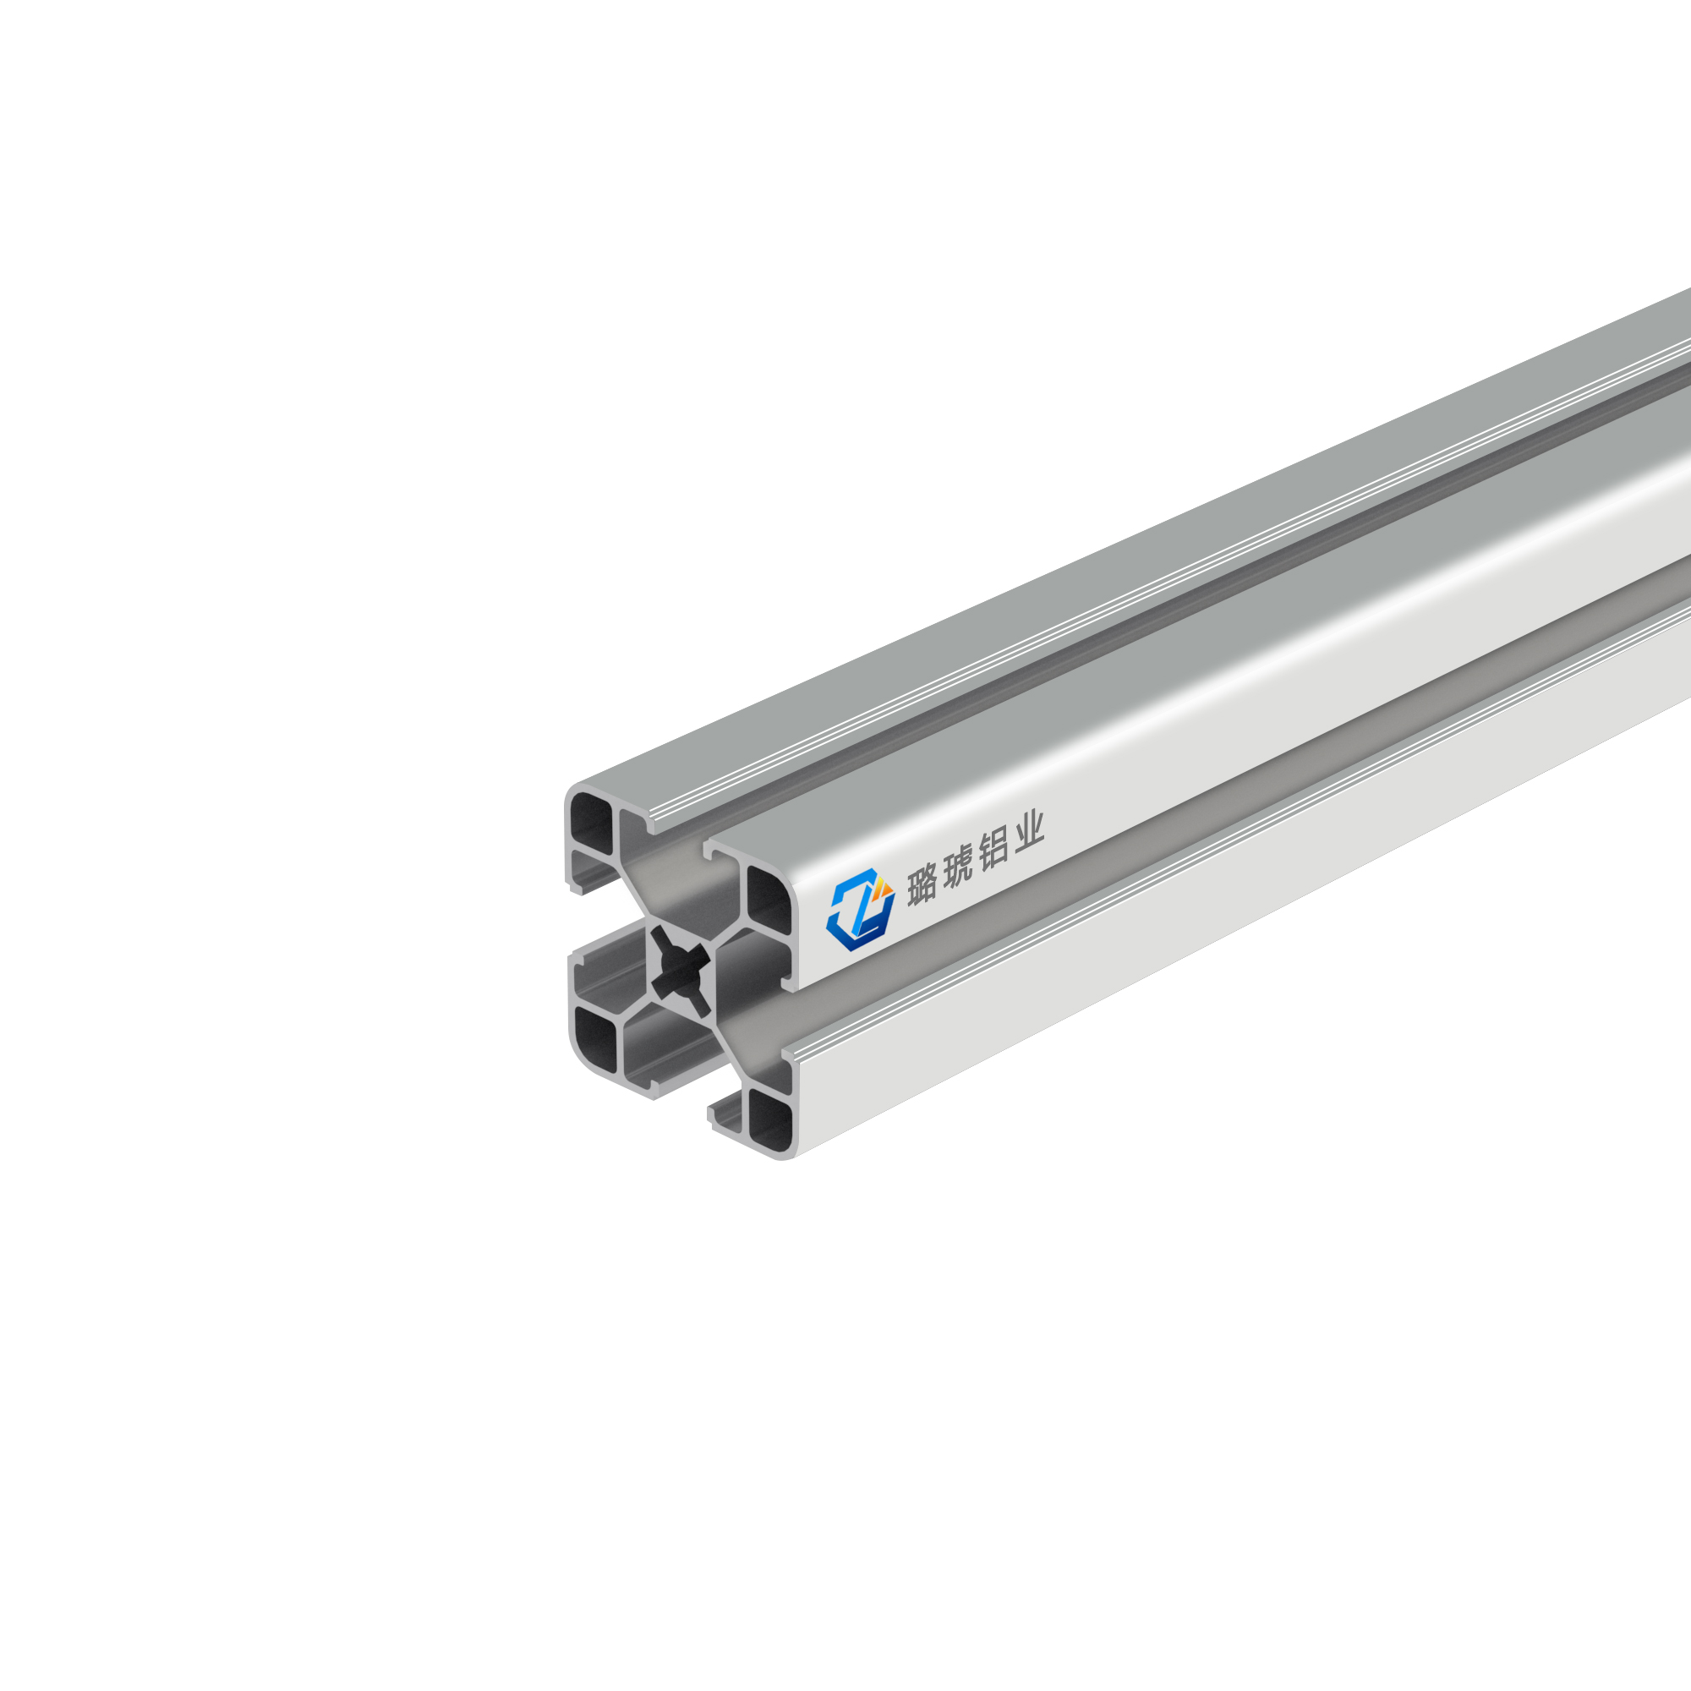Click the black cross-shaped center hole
tap(681, 970)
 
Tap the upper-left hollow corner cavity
tap(592, 825)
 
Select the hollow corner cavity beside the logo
tap(768, 900)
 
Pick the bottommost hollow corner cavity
tap(770, 1120)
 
